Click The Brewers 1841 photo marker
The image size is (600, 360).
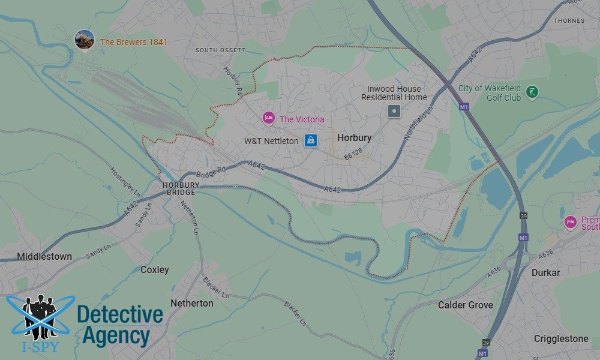85,40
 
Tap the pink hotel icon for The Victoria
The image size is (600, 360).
268,118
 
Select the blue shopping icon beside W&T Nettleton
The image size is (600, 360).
310,140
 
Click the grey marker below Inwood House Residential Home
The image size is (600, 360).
394,110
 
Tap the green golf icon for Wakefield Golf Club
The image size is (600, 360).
531,92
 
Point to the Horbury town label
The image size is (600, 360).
354,137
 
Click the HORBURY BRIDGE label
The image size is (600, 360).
179,189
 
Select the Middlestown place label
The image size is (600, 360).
44,256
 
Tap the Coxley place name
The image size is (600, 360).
154,269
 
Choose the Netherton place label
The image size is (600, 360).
191,303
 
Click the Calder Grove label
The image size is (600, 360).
465,305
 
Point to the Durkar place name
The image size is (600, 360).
545,272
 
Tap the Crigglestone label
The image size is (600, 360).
561,339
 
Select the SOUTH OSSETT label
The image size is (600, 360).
220,50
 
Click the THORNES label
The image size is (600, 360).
569,20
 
